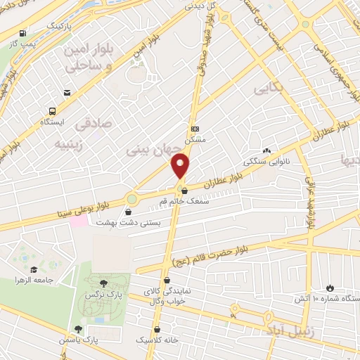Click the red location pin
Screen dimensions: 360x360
click(x=181, y=167)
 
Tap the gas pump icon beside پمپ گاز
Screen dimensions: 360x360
click(x=24, y=33)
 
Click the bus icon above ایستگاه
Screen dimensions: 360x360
click(x=52, y=111)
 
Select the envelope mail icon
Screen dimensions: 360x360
click(x=67, y=93)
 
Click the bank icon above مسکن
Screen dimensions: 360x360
click(x=195, y=129)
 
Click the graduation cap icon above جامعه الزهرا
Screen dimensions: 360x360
click(x=32, y=269)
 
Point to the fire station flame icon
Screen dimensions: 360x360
click(x=330, y=288)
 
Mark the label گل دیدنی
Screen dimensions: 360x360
click(x=199, y=5)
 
